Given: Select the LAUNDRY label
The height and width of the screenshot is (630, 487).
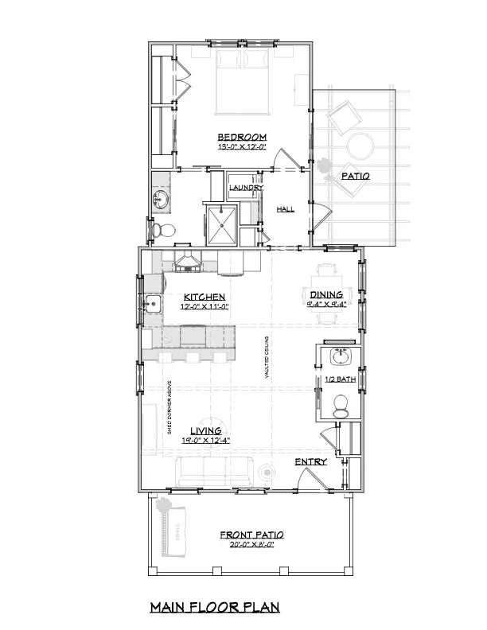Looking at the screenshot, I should [x=246, y=188].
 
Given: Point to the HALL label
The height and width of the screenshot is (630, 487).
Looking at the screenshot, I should [x=285, y=208].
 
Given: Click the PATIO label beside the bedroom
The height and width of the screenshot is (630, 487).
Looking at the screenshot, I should [x=354, y=176].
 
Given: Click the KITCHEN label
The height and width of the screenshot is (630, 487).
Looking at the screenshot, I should [x=201, y=295].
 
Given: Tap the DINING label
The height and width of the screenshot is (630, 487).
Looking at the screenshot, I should [x=326, y=294].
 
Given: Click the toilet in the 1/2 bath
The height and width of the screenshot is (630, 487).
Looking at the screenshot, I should [x=342, y=408].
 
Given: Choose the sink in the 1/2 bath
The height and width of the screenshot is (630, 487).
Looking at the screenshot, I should [x=342, y=354].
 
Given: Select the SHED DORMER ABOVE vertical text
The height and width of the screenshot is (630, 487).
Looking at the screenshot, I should [x=169, y=408].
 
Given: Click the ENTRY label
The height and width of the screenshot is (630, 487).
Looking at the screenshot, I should [x=310, y=461].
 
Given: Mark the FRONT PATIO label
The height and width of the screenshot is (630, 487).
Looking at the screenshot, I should [x=252, y=535].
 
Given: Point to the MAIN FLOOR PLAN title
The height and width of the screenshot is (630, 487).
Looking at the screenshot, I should [x=215, y=607].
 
